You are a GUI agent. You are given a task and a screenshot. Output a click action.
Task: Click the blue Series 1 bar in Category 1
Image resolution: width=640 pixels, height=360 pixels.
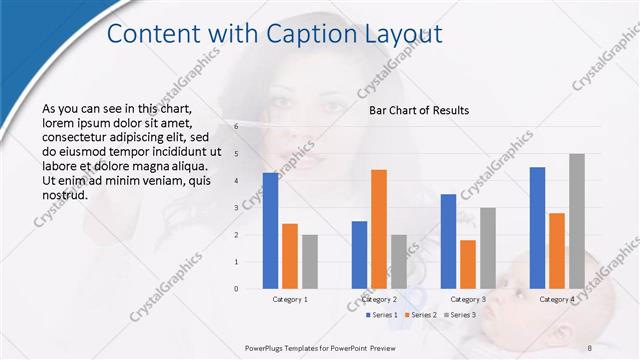pyautogui.click(x=270, y=231)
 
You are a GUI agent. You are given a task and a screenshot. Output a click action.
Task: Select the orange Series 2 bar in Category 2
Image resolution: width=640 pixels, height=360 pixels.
pyautogui.click(x=379, y=229)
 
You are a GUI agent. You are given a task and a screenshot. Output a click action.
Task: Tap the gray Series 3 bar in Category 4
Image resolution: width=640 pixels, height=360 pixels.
pyautogui.click(x=577, y=221)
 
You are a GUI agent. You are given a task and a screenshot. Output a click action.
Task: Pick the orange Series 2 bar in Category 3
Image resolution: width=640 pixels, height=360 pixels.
pyautogui.click(x=468, y=264)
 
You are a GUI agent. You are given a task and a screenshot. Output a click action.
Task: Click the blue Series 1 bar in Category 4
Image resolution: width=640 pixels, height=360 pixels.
pyautogui.click(x=537, y=228)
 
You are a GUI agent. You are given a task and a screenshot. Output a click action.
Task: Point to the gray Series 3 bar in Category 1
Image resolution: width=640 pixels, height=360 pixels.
pyautogui.click(x=310, y=262)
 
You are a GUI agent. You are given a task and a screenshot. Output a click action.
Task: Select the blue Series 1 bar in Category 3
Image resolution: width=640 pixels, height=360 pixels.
pyautogui.click(x=448, y=241)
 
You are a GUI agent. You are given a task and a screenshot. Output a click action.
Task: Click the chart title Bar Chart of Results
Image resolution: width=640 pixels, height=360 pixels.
pyautogui.click(x=419, y=110)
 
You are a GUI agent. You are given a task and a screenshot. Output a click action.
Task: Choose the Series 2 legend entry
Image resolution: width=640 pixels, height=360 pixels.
pyautogui.click(x=419, y=315)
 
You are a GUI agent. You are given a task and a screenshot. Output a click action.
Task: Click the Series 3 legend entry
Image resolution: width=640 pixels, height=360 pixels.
pyautogui.click(x=458, y=315)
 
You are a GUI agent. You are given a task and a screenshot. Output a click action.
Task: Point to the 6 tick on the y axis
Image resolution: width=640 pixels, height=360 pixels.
pyautogui.click(x=236, y=127)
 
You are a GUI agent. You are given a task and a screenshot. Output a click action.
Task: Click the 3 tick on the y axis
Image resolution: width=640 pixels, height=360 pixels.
pyautogui.click(x=236, y=208)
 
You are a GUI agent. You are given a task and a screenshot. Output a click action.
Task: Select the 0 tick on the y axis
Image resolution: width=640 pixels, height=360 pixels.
pyautogui.click(x=236, y=289)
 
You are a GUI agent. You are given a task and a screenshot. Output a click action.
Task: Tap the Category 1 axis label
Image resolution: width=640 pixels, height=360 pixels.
pyautogui.click(x=290, y=299)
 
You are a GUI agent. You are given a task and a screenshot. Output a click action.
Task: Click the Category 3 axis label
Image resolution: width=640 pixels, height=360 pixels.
pyautogui.click(x=468, y=299)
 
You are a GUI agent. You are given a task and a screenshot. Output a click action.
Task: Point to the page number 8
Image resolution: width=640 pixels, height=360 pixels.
pyautogui.click(x=589, y=347)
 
